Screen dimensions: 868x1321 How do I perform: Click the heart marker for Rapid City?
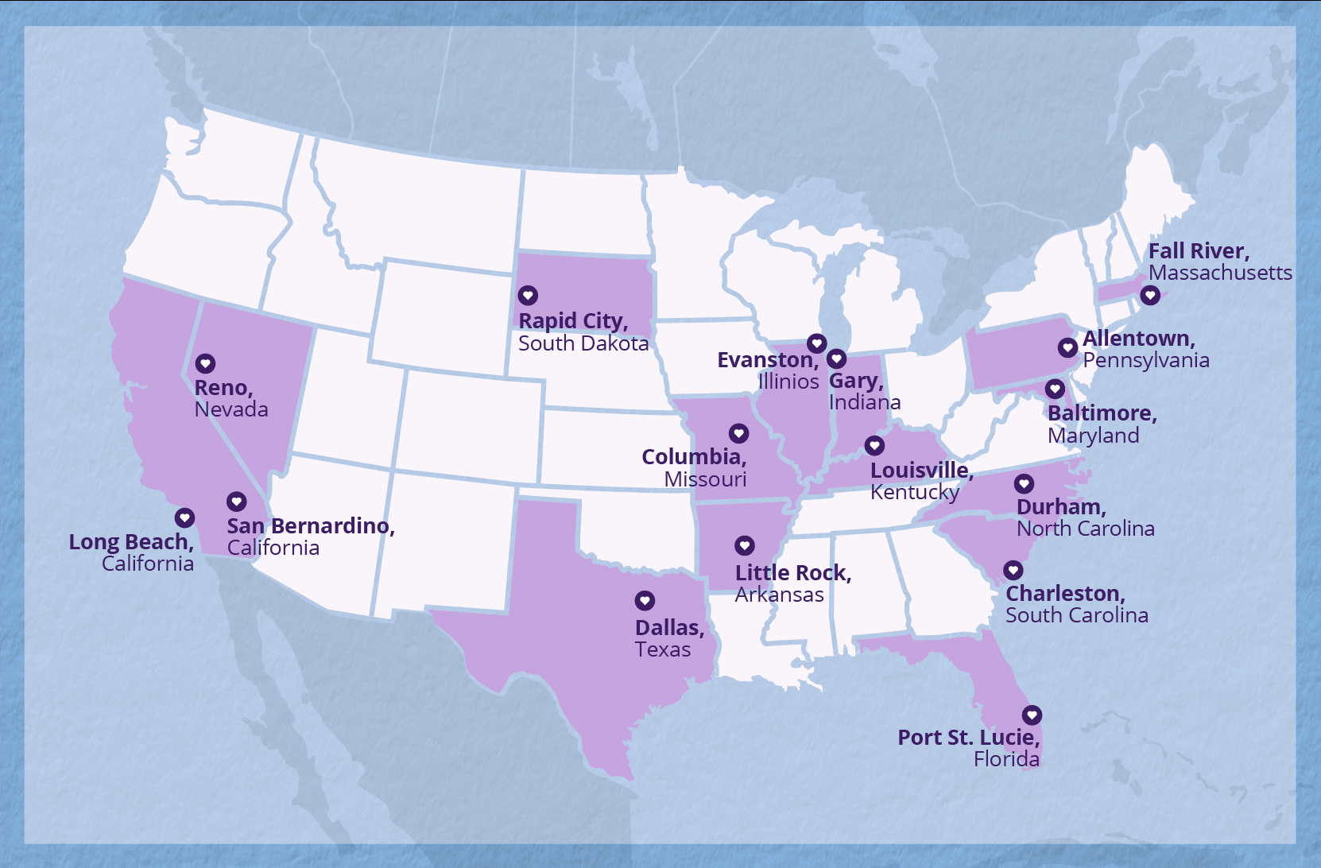pyautogui.click(x=528, y=296)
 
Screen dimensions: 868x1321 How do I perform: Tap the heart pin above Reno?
pyautogui.click(x=205, y=364)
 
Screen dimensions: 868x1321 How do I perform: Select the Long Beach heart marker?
pyautogui.click(x=184, y=518)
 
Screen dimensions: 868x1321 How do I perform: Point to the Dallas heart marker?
pyautogui.click(x=645, y=601)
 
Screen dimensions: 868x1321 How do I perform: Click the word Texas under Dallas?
pyautogui.click(x=662, y=650)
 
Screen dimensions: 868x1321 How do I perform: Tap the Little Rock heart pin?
pyautogui.click(x=744, y=545)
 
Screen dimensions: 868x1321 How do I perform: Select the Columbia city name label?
pyautogui.click(x=693, y=457)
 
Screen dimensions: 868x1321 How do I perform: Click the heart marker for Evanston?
pyautogui.click(x=816, y=343)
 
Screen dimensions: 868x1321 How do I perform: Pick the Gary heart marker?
pyautogui.click(x=836, y=358)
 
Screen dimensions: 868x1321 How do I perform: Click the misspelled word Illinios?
pyautogui.click(x=788, y=382)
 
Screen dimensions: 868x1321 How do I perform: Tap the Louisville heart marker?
pyautogui.click(x=874, y=445)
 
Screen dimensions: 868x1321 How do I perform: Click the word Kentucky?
pyautogui.click(x=914, y=493)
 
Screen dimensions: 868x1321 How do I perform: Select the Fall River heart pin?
pyautogui.click(x=1149, y=296)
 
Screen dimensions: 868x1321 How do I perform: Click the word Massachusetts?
pyautogui.click(x=1220, y=273)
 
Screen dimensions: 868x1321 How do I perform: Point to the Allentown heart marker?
pyautogui.click(x=1067, y=347)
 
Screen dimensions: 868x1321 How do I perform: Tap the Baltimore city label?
pyautogui.click(x=1101, y=413)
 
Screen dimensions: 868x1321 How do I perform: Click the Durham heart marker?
pyautogui.click(x=1024, y=483)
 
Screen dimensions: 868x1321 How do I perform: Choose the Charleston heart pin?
pyautogui.click(x=1013, y=570)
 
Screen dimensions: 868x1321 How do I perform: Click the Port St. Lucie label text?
pyautogui.click(x=968, y=738)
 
